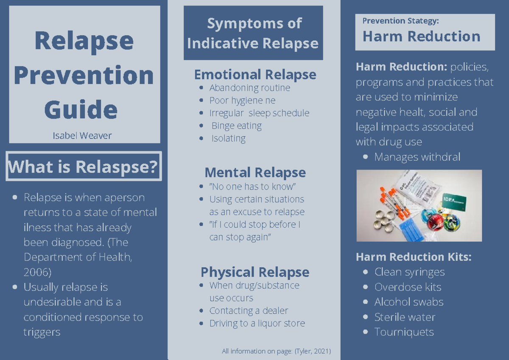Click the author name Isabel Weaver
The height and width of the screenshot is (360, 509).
82,136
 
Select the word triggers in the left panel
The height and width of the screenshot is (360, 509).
42,332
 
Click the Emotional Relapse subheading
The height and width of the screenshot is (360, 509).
255,75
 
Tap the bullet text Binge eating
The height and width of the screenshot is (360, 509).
236,126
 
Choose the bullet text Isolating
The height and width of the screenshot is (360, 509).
228,139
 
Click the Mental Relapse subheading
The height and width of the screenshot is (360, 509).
255,173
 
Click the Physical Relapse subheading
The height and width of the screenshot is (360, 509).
255,272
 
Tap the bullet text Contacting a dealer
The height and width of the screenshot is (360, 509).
249,311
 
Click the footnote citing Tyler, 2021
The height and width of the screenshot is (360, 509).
276,351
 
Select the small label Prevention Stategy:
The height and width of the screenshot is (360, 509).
400,21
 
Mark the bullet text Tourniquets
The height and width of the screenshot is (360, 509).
404,332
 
